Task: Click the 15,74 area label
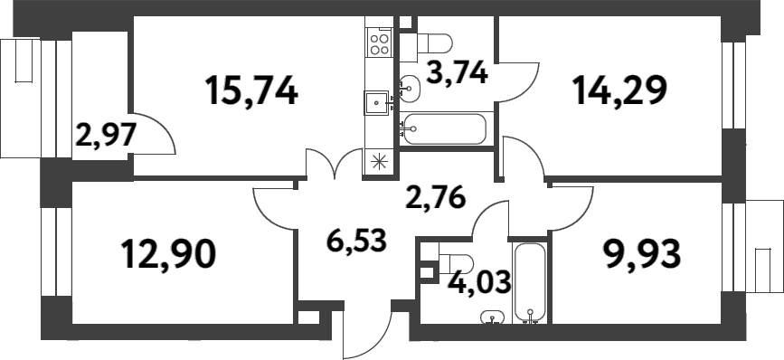click(x=250, y=90)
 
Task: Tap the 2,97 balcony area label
click(x=105, y=137)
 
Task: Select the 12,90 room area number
click(x=169, y=255)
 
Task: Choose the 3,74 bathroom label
click(x=457, y=72)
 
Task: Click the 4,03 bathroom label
click(x=479, y=281)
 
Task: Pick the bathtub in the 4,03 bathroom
click(x=529, y=281)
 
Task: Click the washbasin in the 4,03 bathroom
click(x=493, y=317)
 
